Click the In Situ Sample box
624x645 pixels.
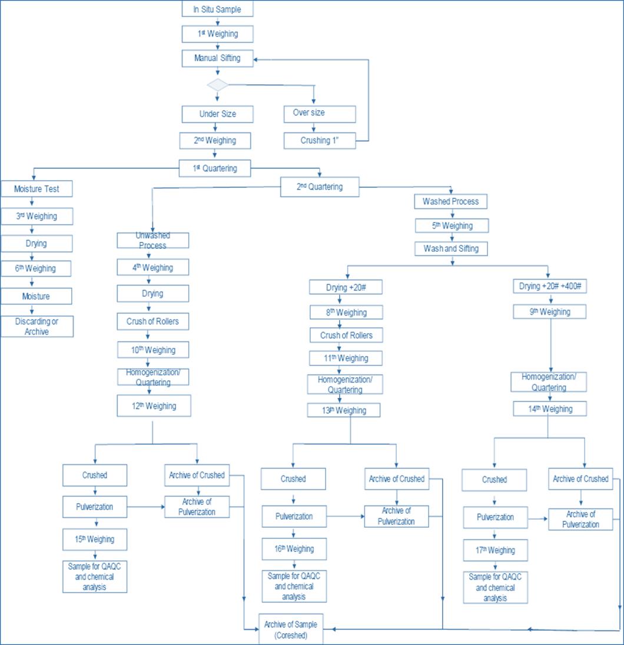217,9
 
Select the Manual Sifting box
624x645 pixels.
217,58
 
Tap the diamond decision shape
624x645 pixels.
217,85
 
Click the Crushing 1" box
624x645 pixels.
320,141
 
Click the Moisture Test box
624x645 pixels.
36,189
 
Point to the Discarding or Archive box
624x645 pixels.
36,327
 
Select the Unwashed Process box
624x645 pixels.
152,240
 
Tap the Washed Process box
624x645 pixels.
450,201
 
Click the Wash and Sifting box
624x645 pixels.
451,248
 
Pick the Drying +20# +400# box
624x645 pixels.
549,287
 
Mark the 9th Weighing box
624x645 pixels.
549,311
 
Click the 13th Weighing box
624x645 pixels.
344,410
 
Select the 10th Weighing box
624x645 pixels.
152,350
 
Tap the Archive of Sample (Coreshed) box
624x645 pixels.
291,630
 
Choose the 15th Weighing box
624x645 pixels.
95,539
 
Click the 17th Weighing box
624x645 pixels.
495,550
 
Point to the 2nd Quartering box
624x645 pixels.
319,187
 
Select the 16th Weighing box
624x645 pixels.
294,549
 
